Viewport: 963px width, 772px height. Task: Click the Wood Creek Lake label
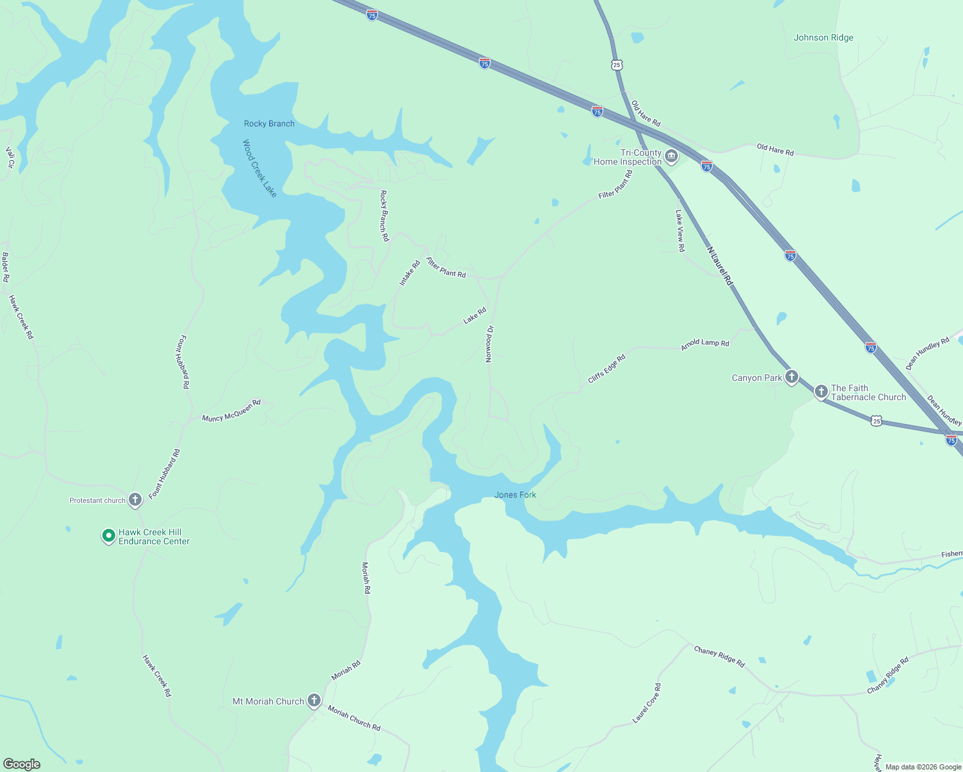click(x=259, y=169)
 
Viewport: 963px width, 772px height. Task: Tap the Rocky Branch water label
click(x=269, y=124)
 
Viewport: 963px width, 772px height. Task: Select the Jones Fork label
click(x=515, y=495)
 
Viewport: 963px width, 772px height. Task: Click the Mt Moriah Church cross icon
click(x=313, y=701)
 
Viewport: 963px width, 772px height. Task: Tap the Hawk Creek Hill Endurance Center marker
click(x=109, y=535)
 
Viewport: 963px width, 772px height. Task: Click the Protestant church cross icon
click(x=135, y=499)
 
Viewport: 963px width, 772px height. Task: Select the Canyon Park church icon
click(x=792, y=377)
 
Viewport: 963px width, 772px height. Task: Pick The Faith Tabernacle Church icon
click(x=821, y=391)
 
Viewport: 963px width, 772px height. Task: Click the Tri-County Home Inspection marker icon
click(x=671, y=156)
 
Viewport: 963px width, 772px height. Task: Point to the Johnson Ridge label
click(x=823, y=37)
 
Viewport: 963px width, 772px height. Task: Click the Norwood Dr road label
click(x=489, y=344)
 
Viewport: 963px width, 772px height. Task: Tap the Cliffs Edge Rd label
click(x=606, y=369)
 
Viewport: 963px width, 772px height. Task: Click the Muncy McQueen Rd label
click(x=231, y=410)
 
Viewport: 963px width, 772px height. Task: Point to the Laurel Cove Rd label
click(x=646, y=703)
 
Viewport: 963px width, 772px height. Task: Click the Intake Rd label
click(x=409, y=273)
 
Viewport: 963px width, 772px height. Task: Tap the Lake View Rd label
click(x=680, y=230)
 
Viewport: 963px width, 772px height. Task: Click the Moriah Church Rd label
click(x=354, y=718)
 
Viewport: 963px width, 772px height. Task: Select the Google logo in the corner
click(x=22, y=764)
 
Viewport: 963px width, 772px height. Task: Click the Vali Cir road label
click(x=10, y=158)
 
